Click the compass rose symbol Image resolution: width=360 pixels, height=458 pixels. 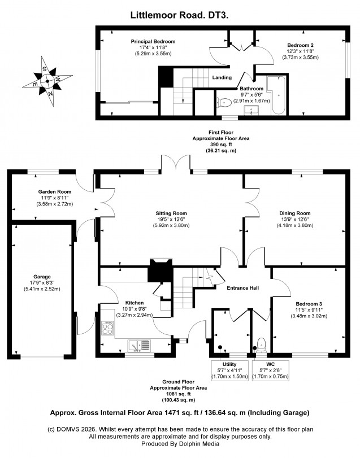point(47,81)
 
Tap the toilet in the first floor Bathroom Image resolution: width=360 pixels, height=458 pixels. point(223,103)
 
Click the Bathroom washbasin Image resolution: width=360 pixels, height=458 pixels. point(251,111)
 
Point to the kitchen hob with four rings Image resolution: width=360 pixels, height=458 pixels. point(107,329)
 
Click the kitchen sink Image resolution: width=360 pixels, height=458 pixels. point(139,344)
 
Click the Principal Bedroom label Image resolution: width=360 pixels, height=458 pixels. point(153,41)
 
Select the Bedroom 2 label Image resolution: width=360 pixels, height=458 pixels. point(301,45)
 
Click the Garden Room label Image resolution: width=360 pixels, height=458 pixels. point(55,192)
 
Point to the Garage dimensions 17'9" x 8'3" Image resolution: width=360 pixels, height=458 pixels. point(42,283)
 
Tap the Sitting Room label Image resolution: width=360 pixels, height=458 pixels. point(171,213)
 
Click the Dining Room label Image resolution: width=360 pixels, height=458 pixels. point(295,213)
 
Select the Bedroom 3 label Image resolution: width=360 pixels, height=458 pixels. point(309,304)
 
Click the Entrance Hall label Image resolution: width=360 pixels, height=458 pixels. point(243,288)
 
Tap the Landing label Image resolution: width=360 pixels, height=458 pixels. point(222,77)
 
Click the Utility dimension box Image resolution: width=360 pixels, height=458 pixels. point(229,370)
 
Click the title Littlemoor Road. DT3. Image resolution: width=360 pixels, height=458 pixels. point(179,15)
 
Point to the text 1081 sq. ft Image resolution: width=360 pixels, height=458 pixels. point(179,394)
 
